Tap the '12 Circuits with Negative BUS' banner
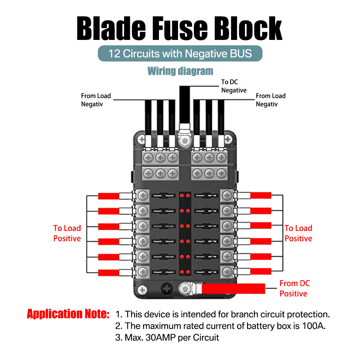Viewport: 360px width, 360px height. point(180,54)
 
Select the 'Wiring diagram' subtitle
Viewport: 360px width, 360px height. point(180,71)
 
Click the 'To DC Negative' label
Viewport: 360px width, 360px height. point(234,86)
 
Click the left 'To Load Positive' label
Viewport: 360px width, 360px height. point(67,233)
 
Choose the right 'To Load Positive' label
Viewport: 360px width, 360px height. point(298,233)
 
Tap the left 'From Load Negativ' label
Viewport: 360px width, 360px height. point(96,100)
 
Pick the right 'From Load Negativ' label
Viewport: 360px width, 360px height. point(270,100)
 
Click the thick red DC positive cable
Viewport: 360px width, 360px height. point(234,288)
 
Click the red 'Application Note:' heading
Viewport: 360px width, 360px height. point(68,314)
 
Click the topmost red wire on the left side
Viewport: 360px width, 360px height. point(108,196)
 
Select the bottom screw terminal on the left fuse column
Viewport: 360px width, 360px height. point(143,270)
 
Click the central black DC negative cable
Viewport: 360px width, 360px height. point(184,104)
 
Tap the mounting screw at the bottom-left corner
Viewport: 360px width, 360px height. point(143,290)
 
